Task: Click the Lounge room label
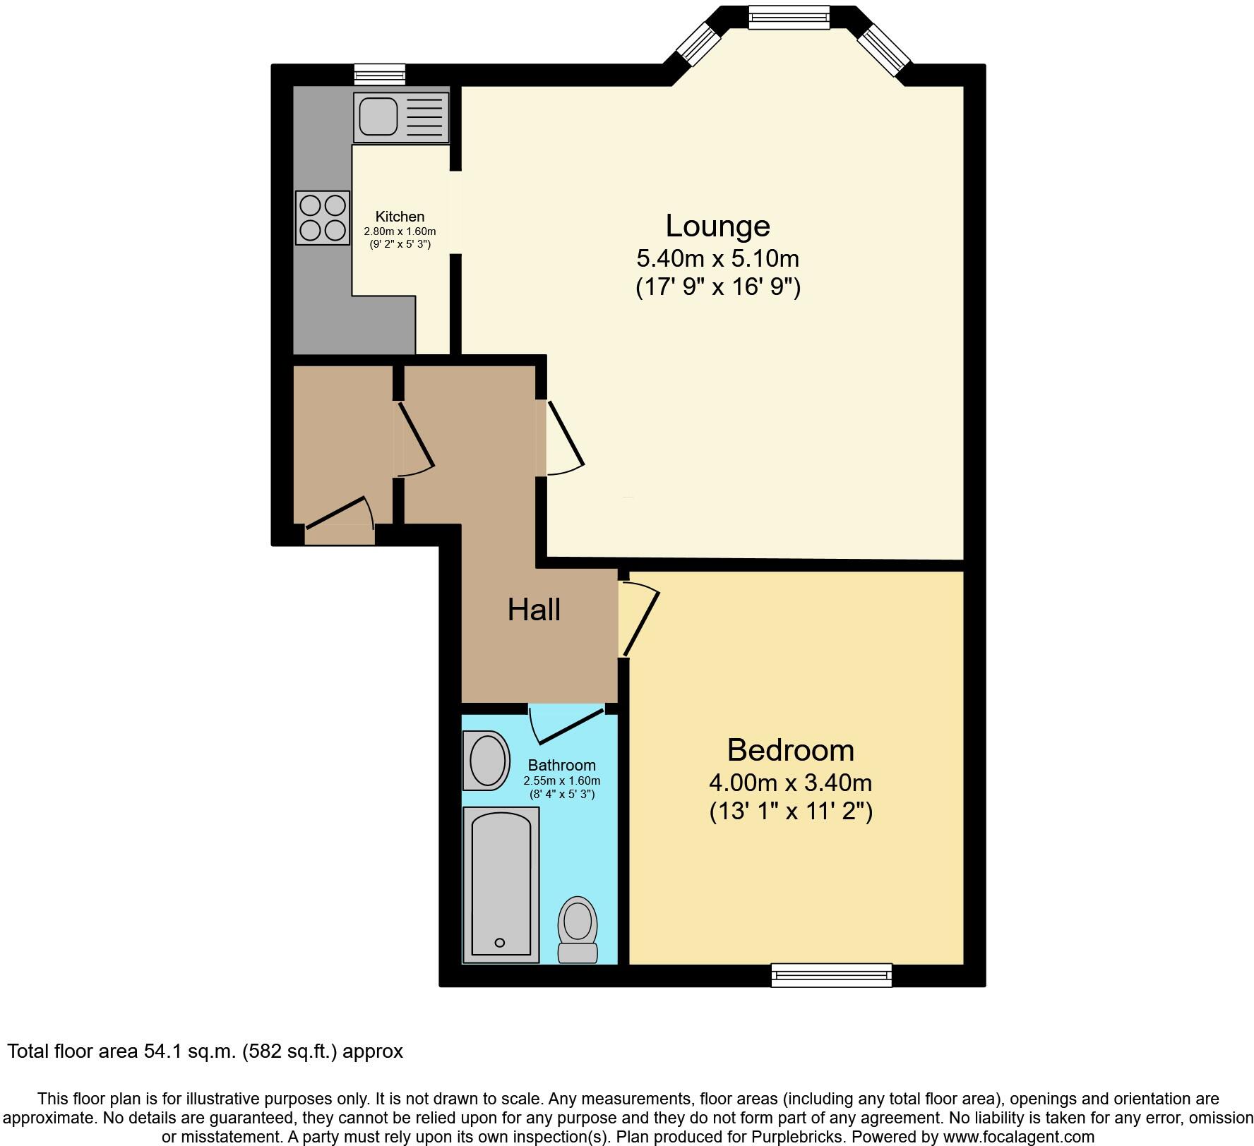pos(717,226)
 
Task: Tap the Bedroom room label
pos(790,749)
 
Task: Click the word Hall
pos(534,609)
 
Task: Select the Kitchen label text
pos(400,217)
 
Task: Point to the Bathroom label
pos(561,765)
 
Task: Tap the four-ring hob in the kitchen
pos(323,218)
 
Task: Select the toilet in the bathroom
pos(578,929)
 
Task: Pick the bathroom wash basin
pos(487,761)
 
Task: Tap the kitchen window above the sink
pos(380,74)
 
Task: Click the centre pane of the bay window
pos(788,17)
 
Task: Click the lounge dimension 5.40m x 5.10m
pos(717,258)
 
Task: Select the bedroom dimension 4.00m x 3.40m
pos(790,783)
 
